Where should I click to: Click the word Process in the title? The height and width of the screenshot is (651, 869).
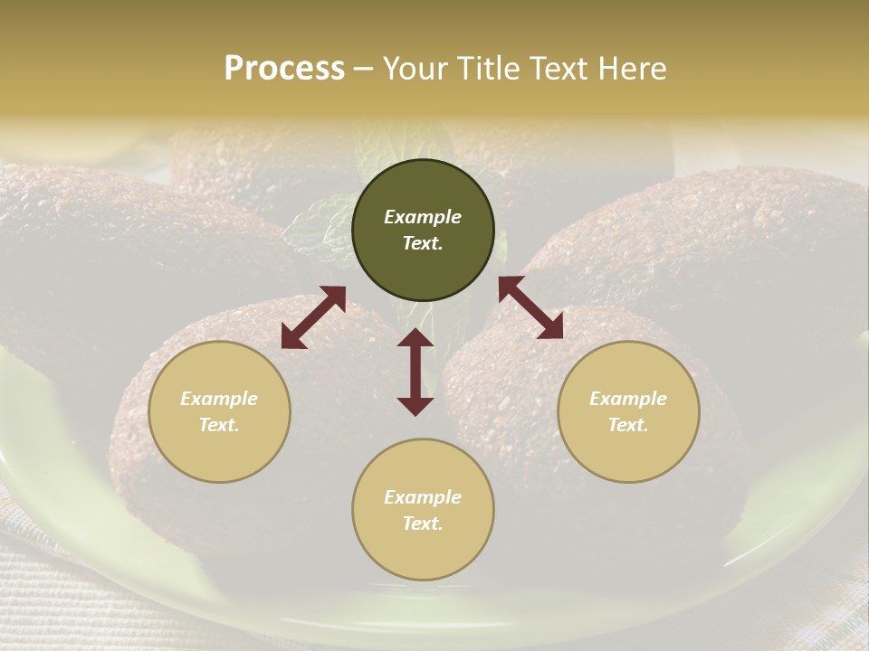(284, 69)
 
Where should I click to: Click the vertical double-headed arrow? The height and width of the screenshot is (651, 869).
(415, 372)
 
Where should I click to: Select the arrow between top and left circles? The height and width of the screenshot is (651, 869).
(313, 317)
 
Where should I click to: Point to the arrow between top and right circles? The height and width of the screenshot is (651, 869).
(530, 307)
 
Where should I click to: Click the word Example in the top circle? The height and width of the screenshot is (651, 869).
(423, 217)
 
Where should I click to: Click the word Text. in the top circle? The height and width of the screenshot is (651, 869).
(423, 243)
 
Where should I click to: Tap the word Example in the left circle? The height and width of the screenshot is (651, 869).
(219, 399)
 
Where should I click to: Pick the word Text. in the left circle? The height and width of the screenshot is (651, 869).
(219, 425)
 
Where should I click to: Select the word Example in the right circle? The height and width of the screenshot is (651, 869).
(628, 399)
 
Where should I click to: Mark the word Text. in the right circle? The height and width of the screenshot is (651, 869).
(628, 425)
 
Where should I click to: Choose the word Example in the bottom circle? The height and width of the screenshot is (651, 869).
(423, 497)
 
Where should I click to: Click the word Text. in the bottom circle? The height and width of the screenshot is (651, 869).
(423, 524)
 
